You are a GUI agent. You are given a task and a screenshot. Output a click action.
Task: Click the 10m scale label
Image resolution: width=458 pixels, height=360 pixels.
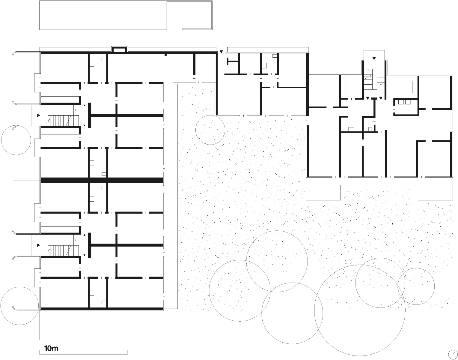pos(51,348)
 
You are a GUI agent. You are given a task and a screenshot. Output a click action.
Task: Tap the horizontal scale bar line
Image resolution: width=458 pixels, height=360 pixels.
pos(83,357)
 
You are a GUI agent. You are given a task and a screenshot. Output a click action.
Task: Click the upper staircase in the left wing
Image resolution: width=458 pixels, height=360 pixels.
pos(63,120)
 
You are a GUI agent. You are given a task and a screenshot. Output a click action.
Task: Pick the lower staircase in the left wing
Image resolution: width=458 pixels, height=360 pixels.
pos(63,250)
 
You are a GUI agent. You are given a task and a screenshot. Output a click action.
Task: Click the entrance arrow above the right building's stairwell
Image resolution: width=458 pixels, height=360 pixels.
pos(374,58)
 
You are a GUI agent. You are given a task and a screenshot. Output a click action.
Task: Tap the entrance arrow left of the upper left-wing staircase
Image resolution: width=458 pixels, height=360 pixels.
pos(39,115)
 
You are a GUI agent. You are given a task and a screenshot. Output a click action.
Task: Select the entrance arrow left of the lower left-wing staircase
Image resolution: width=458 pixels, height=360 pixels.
pos(39,245)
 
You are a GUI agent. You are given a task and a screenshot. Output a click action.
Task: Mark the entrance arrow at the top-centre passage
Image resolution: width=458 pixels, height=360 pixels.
pos(221,52)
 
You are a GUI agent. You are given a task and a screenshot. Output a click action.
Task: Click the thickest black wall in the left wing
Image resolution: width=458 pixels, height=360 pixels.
pos(102,180)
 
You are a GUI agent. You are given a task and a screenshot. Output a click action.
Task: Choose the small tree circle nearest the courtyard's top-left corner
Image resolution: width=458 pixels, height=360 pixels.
pos(210,130)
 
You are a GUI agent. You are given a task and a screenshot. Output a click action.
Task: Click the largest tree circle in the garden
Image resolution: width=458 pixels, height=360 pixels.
pos(360,310)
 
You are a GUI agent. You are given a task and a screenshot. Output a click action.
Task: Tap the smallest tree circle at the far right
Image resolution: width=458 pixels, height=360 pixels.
pos(416,286)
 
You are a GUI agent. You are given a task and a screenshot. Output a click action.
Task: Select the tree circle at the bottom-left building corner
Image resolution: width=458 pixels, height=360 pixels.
pos(19,306)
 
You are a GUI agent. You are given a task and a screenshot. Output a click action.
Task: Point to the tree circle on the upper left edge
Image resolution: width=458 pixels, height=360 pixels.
pos(16,140)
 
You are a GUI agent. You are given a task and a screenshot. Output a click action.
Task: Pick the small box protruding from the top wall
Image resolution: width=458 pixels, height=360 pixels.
pos(119,49)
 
